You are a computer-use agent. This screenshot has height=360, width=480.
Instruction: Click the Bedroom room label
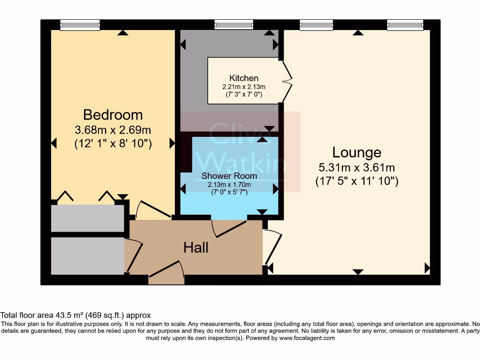point(113,115)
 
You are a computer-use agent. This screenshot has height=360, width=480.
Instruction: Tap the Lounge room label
point(357,152)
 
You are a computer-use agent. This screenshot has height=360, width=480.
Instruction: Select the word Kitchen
point(244,78)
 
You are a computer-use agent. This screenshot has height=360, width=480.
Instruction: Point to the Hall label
point(196,247)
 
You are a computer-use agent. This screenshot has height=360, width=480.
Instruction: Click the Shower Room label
point(229,176)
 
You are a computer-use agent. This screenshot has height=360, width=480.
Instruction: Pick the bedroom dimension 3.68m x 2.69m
point(113,130)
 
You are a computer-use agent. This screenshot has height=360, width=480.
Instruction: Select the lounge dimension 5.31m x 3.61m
point(357,168)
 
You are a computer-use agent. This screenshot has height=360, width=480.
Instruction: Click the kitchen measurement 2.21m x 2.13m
point(244,87)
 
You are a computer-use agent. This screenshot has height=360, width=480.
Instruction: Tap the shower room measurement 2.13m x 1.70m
point(229,185)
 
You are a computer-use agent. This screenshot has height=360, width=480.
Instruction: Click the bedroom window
point(80,25)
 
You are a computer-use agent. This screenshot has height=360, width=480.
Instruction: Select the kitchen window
point(234,24)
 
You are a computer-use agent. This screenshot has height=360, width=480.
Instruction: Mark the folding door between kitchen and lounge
point(287,82)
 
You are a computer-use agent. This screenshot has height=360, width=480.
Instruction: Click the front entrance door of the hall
point(166,271)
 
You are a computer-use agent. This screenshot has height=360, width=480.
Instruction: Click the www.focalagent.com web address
point(307,338)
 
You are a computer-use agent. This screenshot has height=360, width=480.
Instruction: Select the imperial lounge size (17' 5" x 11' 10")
point(357,181)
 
